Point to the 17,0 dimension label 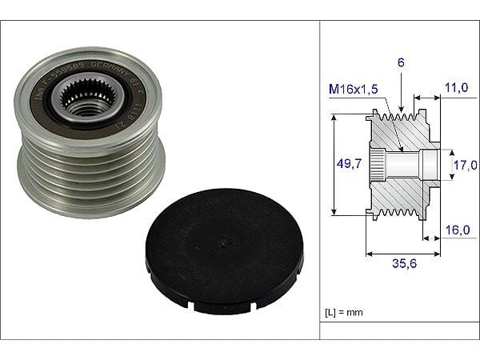(466, 166)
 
